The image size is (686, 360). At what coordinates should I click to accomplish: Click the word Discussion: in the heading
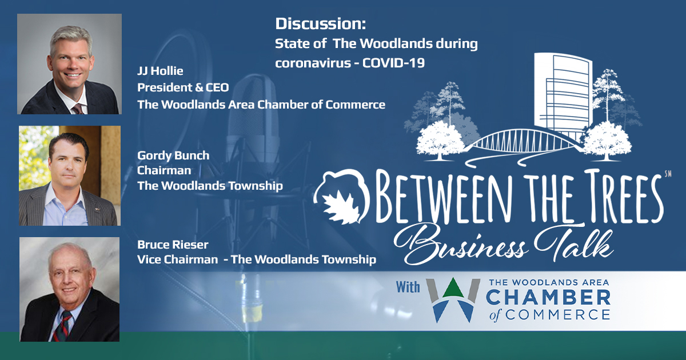(321, 24)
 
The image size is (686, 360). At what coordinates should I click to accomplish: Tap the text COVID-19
(393, 63)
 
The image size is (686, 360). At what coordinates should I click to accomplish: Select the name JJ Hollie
(160, 71)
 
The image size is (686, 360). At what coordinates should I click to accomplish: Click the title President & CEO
(183, 87)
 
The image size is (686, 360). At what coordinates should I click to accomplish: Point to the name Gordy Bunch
(173, 155)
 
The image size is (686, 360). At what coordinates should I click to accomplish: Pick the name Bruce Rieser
(173, 245)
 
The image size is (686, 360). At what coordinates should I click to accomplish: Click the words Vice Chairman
(177, 259)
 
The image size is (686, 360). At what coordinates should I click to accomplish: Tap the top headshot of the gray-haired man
(70, 64)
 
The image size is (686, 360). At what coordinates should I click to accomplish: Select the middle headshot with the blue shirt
(70, 176)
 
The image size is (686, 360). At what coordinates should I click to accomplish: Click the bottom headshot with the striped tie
(70, 289)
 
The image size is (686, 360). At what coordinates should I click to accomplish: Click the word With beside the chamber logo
(408, 287)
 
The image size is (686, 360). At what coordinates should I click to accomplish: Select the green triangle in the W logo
(453, 289)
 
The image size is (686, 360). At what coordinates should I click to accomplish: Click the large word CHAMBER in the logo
(548, 298)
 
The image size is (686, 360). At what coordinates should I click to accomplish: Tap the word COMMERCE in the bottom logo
(557, 315)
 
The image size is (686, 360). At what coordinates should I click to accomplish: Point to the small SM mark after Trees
(668, 174)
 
